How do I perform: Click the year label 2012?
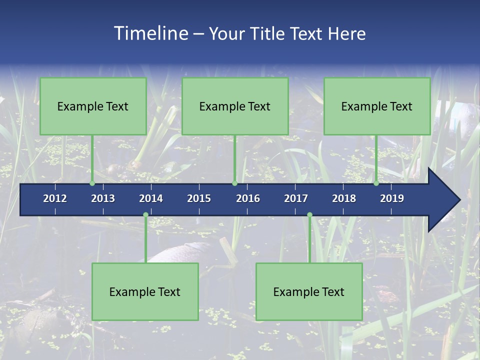55,198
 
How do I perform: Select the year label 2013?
103,198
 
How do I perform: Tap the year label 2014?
151,198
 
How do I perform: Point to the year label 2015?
199,198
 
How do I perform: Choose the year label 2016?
248,198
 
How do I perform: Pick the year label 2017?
296,198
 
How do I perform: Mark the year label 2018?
344,198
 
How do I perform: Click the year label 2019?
392,198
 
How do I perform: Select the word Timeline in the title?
150,33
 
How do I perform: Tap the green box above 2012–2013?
93,106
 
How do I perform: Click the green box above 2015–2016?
235,106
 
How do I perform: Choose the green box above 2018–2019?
377,106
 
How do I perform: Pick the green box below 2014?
145,291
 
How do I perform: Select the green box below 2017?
309,291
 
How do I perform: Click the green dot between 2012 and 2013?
92,183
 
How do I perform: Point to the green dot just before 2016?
234,183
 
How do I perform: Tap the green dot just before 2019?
376,183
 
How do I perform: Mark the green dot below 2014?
145,215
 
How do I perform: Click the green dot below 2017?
309,215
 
